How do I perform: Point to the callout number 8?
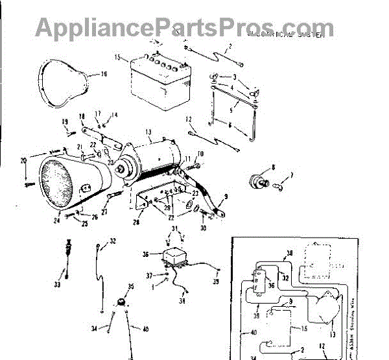[272, 167]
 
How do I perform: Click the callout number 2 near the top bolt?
[229, 47]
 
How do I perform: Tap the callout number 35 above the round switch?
[131, 286]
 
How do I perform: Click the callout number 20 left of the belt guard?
[23, 160]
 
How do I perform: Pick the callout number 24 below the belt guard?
[56, 220]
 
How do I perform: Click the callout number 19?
[65, 121]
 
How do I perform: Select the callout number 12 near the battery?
[189, 119]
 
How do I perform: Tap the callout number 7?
[291, 175]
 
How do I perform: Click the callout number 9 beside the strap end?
[226, 196]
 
